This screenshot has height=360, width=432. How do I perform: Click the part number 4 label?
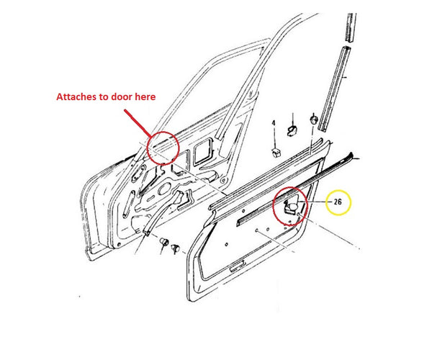pyautogui.click(x=274, y=125)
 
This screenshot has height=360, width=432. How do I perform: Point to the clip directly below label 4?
pyautogui.click(x=276, y=151)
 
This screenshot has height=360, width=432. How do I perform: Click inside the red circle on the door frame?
pyautogui.click(x=162, y=149)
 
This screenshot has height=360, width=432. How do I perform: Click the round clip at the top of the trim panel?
pyautogui.click(x=313, y=119)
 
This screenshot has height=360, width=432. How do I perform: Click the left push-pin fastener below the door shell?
pyautogui.click(x=164, y=242)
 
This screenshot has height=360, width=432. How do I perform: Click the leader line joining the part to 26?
pyautogui.click(x=317, y=203)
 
